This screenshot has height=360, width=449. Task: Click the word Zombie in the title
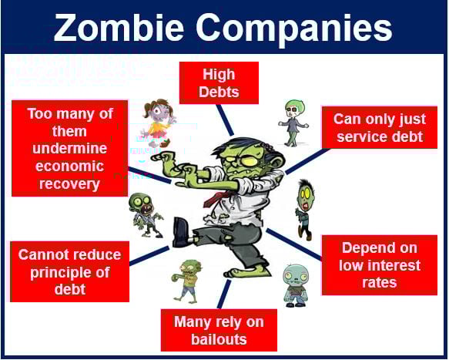119,28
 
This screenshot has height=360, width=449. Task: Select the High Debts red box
219,82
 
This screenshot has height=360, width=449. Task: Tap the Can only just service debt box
380,127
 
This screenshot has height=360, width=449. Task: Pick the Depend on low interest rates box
380,265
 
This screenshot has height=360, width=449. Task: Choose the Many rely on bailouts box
219,330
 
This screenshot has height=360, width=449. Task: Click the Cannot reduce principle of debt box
69,271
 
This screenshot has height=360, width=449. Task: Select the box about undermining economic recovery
69,148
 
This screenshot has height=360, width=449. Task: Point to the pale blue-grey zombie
296,286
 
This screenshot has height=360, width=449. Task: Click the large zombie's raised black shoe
180,232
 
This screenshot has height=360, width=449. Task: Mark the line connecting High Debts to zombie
225,119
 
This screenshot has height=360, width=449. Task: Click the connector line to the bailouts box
224,294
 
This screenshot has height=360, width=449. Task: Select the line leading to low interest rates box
294,244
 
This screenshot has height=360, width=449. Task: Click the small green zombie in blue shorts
186,281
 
